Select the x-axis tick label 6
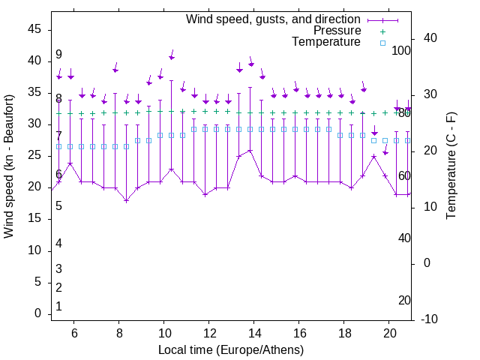[74, 334]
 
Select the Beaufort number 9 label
[58, 55]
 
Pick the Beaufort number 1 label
[58, 307]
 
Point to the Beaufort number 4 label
[58, 244]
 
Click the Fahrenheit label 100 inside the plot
[401, 51]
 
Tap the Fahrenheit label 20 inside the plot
[404, 301]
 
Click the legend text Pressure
[337, 31]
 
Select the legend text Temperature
[326, 42]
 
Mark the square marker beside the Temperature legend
[382, 43]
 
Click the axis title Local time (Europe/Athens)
[231, 350]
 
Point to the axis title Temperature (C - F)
[451, 166]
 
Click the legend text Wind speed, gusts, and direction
[274, 19]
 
